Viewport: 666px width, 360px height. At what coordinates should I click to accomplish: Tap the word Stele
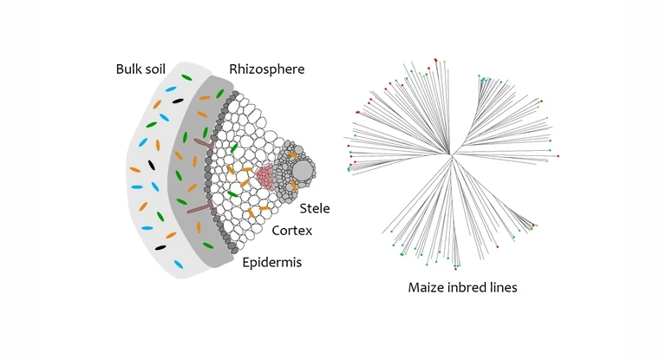point(314,209)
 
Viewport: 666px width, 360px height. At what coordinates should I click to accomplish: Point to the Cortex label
point(292,232)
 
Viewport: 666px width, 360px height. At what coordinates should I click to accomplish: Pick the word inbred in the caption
point(473,287)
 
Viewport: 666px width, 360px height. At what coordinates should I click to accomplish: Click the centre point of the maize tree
point(451,156)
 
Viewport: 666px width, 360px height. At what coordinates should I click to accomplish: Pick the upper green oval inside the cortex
point(234,147)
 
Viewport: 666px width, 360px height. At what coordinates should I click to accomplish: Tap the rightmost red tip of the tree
point(558,156)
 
